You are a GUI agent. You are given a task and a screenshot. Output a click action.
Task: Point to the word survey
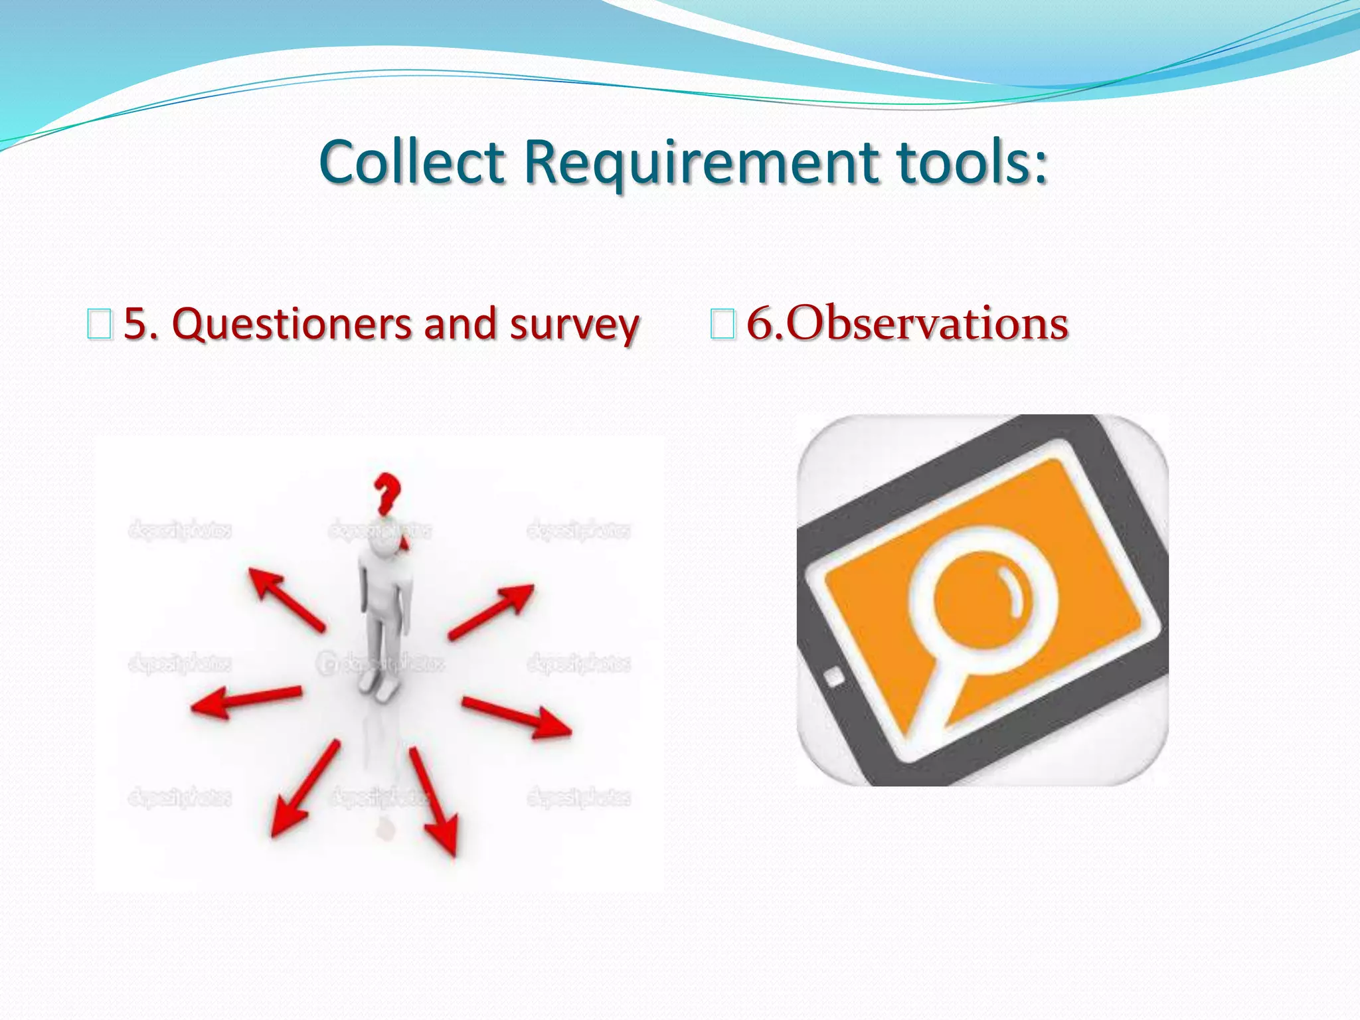coord(574,325)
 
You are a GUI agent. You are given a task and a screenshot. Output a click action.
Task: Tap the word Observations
coord(926,324)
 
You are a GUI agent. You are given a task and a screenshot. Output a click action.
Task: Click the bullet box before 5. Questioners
coord(99,325)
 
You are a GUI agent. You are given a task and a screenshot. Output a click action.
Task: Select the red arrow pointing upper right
coord(491,611)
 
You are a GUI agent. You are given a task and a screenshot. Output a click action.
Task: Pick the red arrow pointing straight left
coord(246,700)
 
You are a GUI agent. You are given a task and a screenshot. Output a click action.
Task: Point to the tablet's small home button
coord(834,677)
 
